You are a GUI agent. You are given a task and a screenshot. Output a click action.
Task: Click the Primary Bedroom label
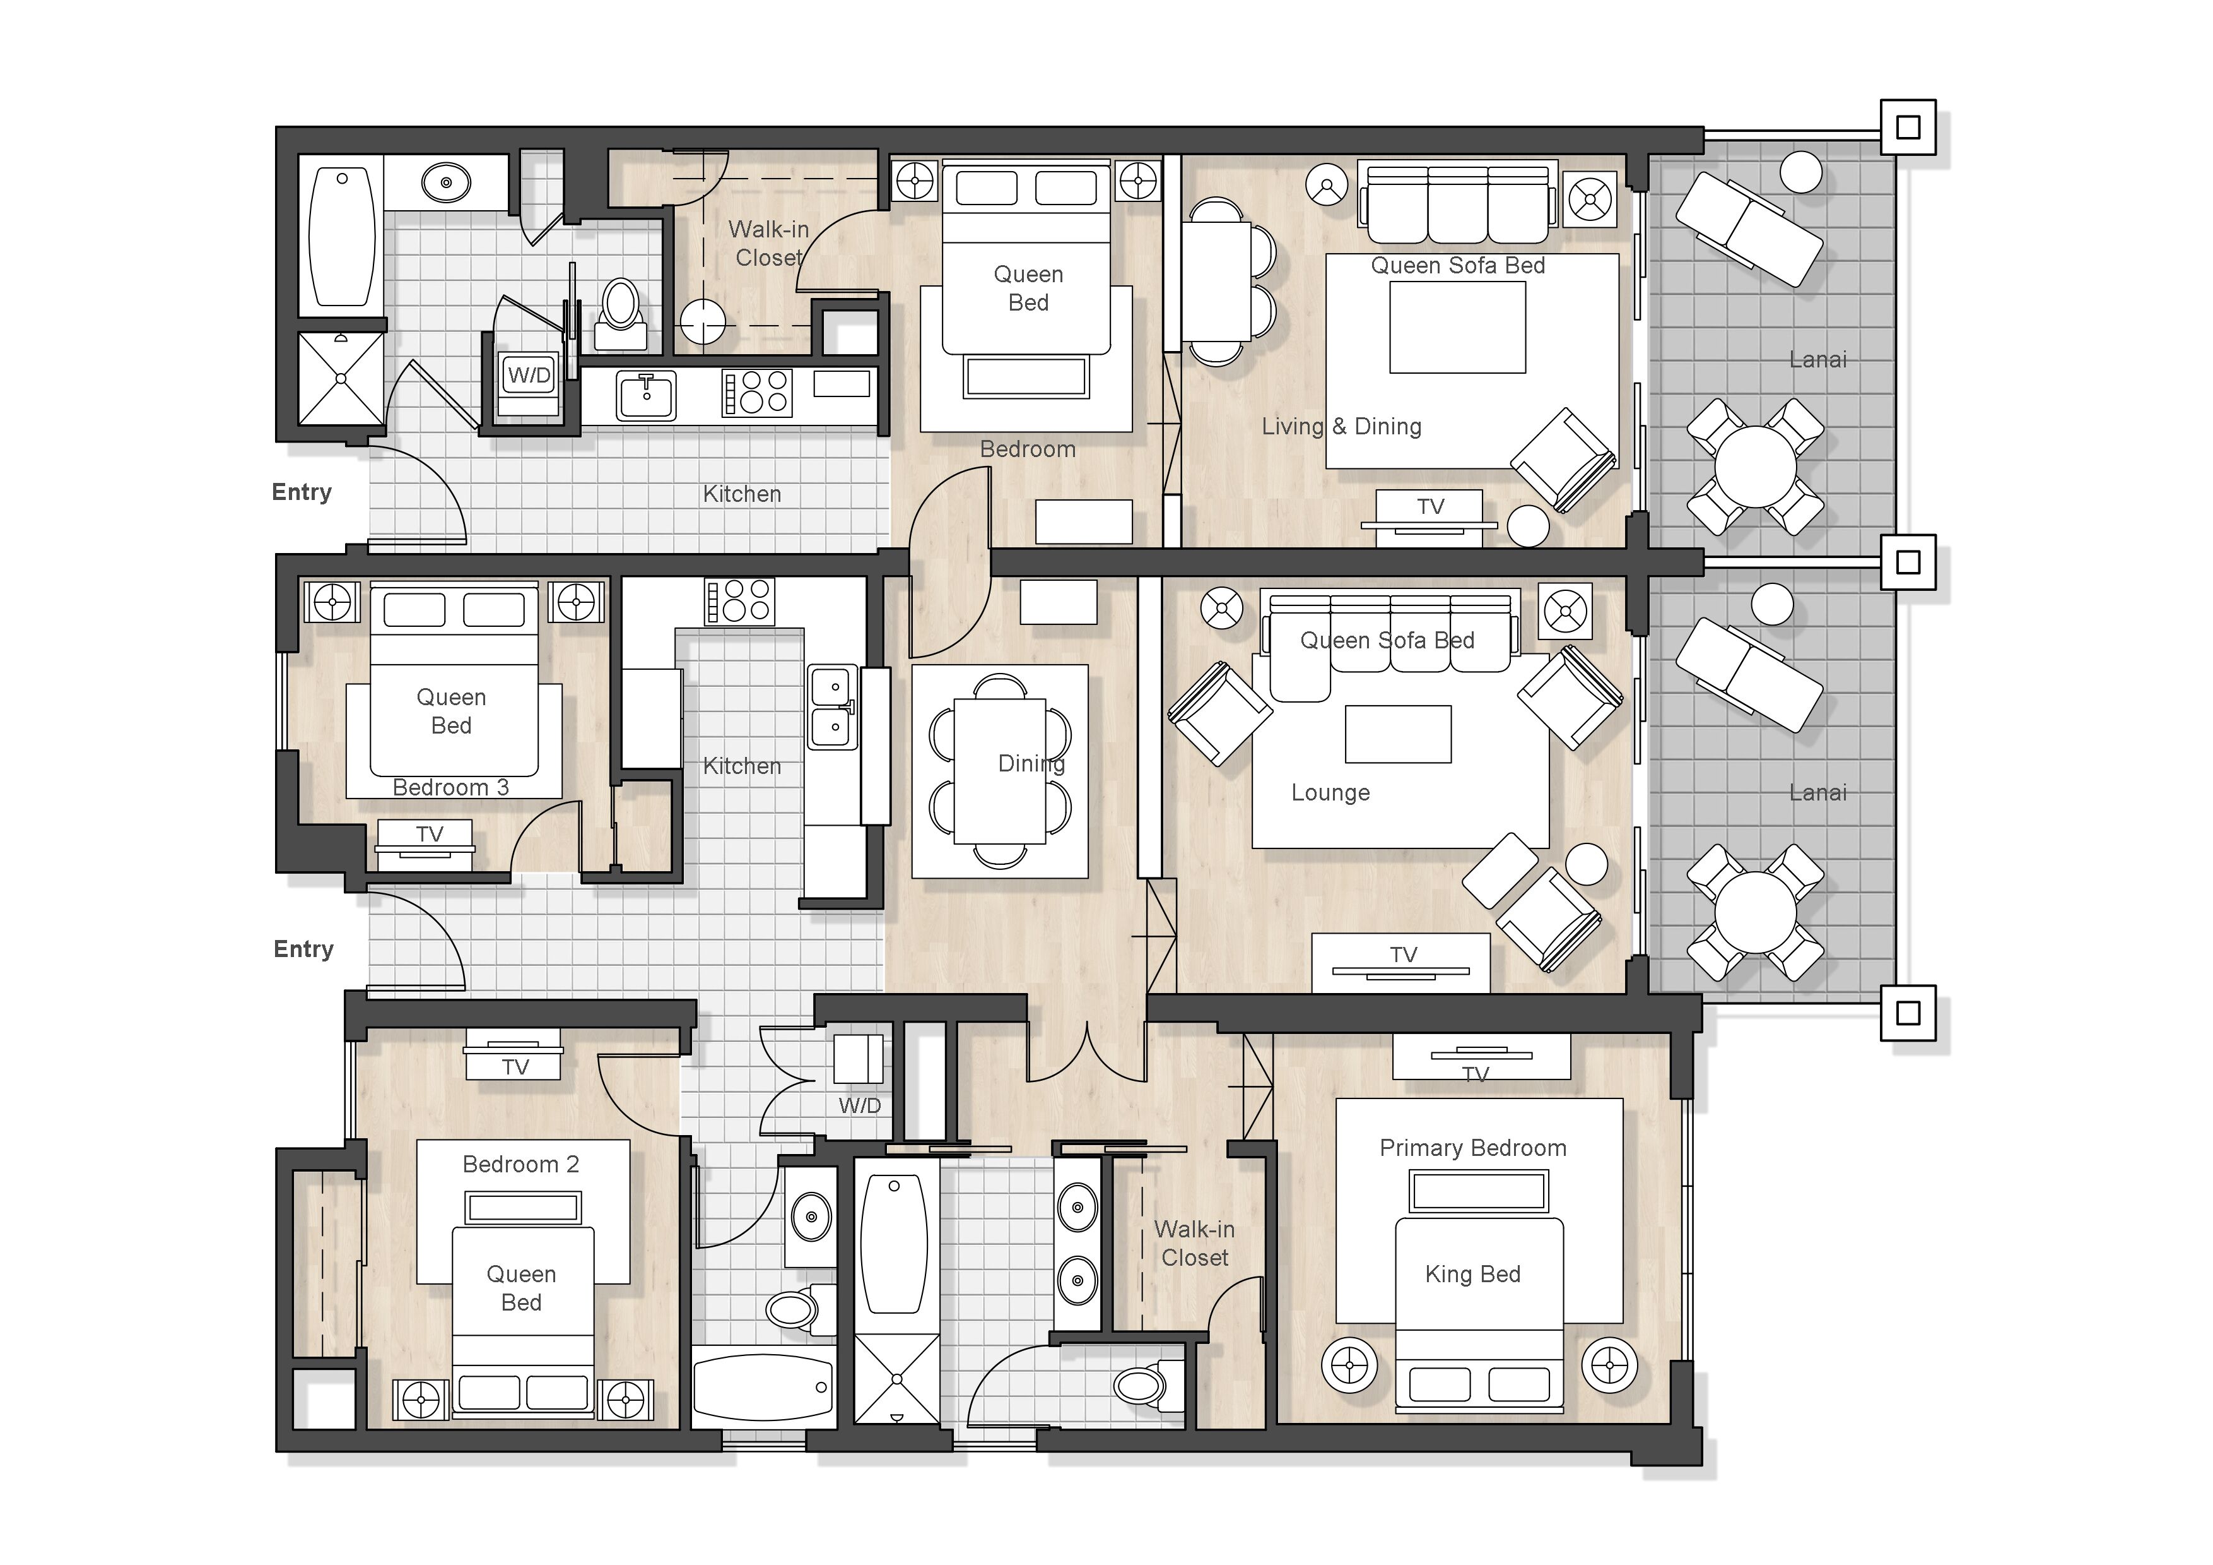(1473, 1148)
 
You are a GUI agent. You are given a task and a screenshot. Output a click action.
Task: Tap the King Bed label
(1473, 1275)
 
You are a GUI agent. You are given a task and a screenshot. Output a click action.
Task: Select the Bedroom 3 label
(450, 788)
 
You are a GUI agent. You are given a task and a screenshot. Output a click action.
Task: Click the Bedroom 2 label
(520, 1165)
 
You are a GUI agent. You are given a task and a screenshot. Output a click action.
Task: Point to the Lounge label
(1330, 794)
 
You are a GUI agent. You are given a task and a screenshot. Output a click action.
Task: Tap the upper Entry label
(302, 493)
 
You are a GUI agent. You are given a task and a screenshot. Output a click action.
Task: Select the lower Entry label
(303, 950)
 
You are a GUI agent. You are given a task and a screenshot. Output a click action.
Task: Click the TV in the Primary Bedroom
(1481, 1057)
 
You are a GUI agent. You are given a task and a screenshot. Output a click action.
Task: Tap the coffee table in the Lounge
(1397, 734)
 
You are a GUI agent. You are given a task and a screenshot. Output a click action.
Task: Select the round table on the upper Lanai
(1755, 467)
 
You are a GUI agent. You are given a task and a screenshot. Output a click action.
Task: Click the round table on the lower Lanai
(1755, 912)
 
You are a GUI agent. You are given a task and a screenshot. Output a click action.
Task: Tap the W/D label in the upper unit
(529, 375)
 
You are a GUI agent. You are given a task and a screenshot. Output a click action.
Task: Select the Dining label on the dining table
(1031, 765)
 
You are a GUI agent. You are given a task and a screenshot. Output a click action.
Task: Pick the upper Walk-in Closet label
(768, 244)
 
